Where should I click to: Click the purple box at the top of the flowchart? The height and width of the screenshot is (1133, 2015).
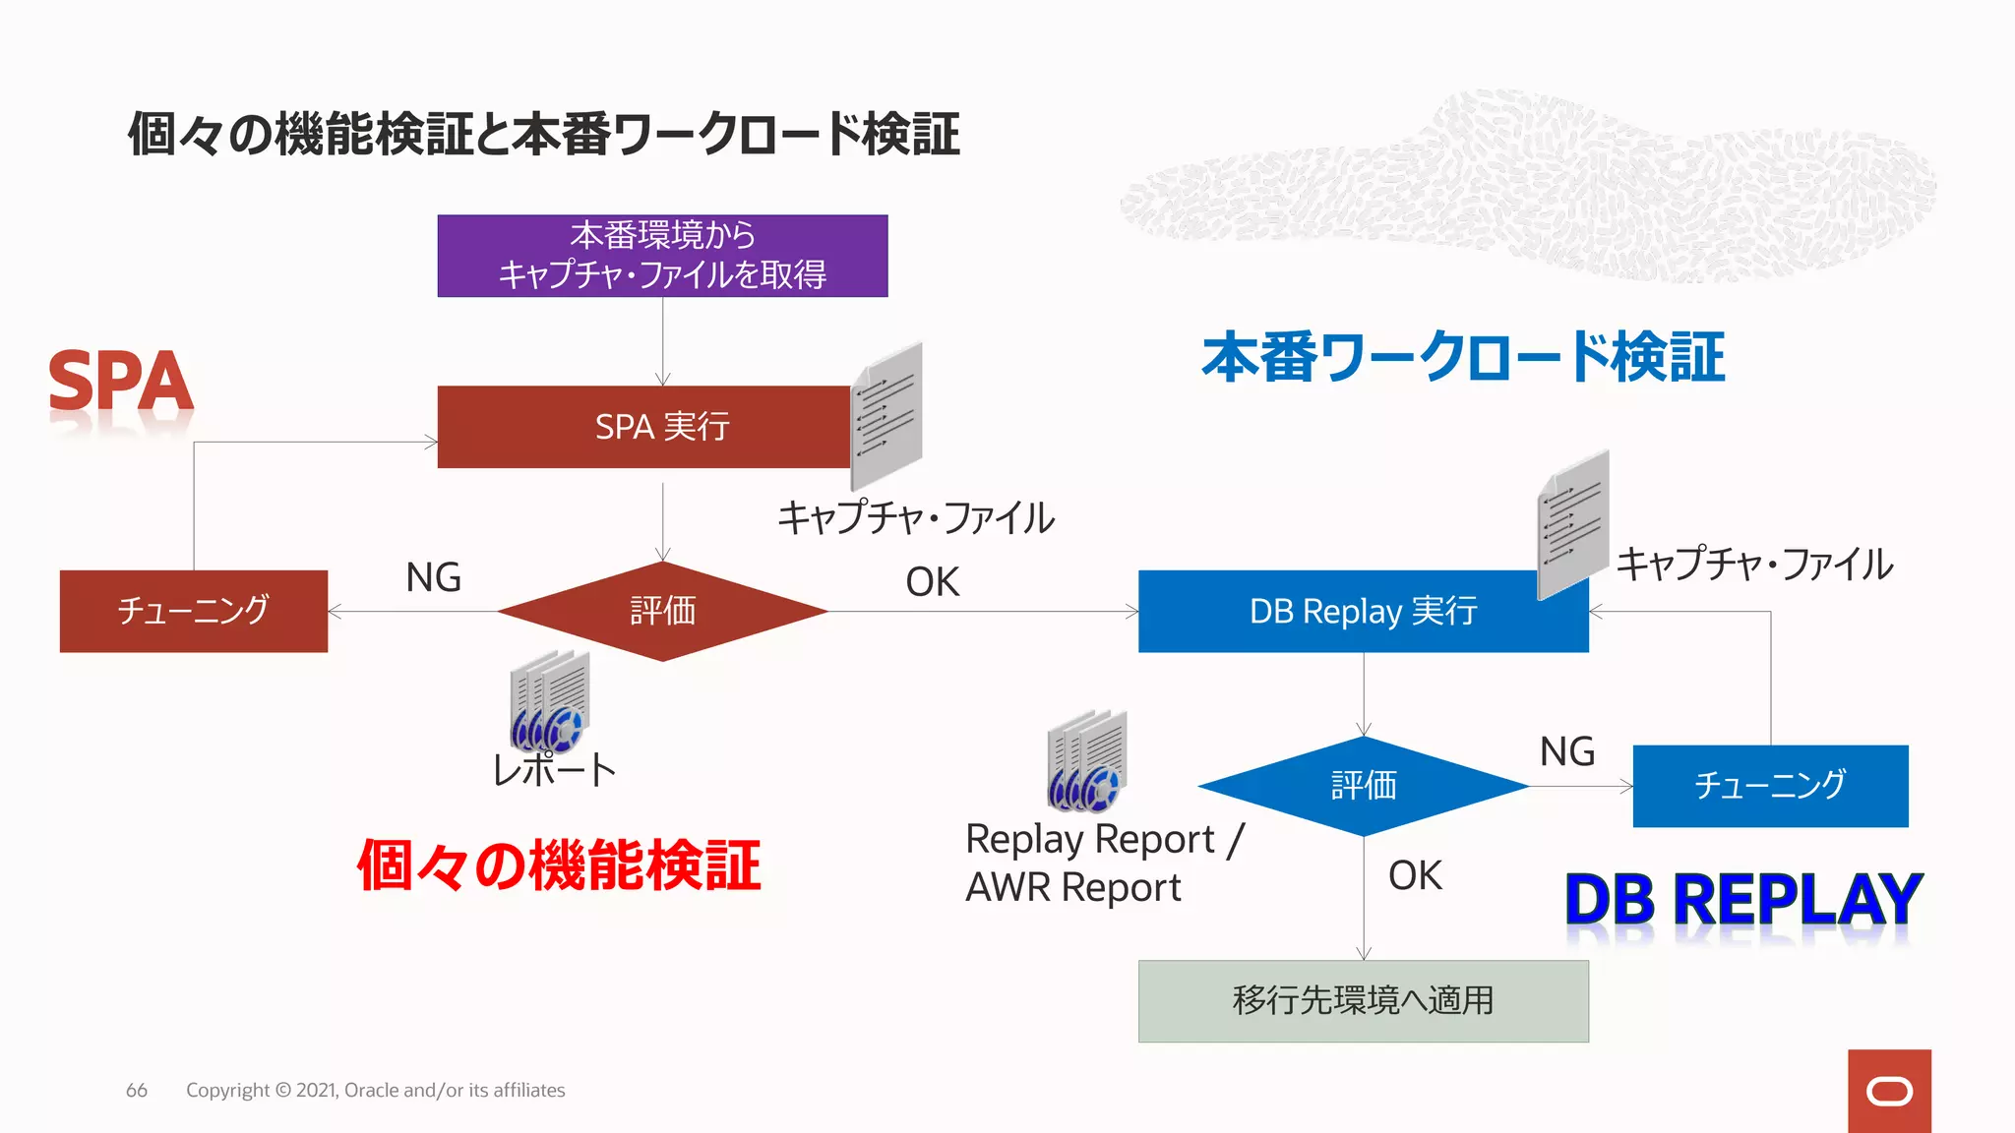click(x=662, y=256)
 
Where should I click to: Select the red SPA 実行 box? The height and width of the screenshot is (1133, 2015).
click(x=644, y=427)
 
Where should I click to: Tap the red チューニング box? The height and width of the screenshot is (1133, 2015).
click(x=194, y=611)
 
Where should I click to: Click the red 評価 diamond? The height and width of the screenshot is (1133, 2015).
click(x=662, y=612)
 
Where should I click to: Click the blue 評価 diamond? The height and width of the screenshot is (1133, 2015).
click(x=1364, y=786)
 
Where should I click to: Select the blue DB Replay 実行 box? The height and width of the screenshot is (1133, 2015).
click(x=1363, y=612)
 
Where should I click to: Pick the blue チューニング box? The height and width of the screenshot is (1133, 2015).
click(x=1770, y=786)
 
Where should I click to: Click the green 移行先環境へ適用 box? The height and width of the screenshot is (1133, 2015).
click(x=1363, y=1001)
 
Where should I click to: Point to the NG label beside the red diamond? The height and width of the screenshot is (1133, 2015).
click(x=433, y=577)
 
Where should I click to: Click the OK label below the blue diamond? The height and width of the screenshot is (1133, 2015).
click(x=1415, y=875)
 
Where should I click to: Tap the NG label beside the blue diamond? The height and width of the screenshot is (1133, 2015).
click(x=1566, y=751)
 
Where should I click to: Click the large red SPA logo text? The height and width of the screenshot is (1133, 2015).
click(x=120, y=382)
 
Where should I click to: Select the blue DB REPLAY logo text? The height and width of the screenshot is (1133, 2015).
click(x=1742, y=899)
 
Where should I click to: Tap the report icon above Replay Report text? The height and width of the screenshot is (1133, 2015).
click(x=1087, y=761)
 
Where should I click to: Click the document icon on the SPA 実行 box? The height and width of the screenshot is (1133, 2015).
click(x=886, y=417)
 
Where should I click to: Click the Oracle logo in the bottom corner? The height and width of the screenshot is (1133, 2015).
click(x=1889, y=1091)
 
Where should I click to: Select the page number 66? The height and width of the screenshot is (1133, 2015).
click(x=137, y=1090)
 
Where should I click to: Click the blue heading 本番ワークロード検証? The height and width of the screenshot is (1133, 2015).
click(x=1463, y=357)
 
